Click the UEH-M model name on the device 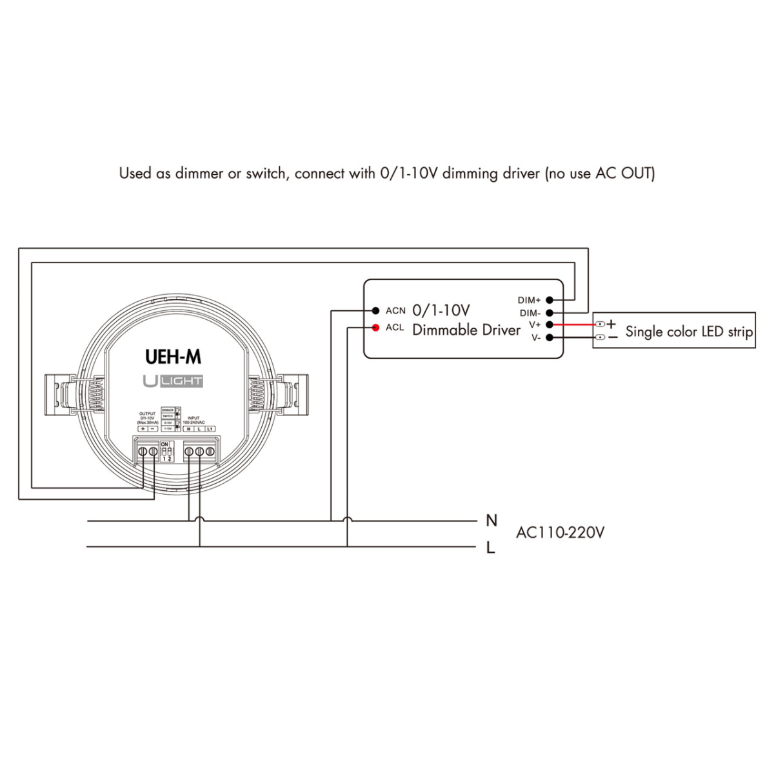click(173, 357)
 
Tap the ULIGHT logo click(173, 381)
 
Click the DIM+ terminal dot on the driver click(550, 300)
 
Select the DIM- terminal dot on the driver click(550, 313)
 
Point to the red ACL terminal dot click(375, 328)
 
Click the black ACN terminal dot click(375, 311)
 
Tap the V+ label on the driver click(535, 325)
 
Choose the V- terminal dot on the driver click(550, 337)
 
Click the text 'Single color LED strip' click(689, 332)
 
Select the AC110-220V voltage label click(560, 533)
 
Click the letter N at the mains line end click(491, 520)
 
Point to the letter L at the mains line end click(491, 548)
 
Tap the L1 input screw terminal click(210, 452)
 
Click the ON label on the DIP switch click(164, 444)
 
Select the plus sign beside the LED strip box click(611, 324)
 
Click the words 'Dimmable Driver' click(466, 330)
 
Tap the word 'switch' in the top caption click(264, 173)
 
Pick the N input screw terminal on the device click(189, 452)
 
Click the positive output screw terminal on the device click(143, 452)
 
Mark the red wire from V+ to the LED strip click(574, 325)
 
